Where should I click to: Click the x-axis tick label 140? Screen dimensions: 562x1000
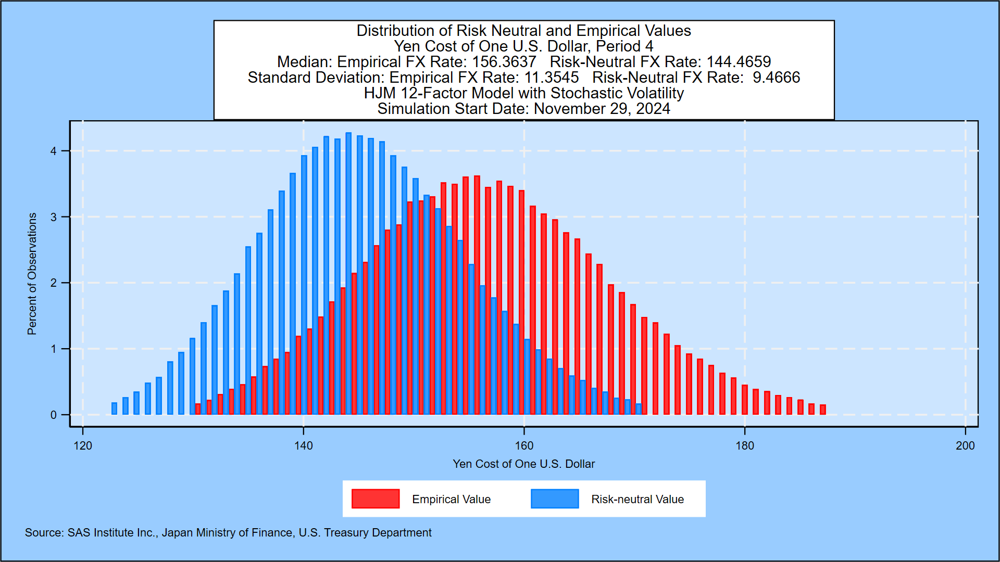pos(303,446)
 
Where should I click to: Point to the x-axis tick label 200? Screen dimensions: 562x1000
pos(965,446)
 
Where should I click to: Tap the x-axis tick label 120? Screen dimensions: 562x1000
pos(83,446)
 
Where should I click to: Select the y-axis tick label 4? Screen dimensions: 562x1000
pos(54,151)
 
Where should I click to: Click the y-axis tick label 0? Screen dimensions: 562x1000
pos(54,415)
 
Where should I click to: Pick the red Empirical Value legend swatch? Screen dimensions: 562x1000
pos(376,499)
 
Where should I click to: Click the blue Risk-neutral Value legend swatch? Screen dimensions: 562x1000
pos(555,499)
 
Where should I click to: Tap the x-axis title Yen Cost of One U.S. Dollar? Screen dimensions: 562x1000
pos(523,464)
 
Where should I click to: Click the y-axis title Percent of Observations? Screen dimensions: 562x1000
pos(32,274)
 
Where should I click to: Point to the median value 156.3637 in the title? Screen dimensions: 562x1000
pos(504,62)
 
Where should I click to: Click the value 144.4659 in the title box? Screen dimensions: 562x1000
pos(739,62)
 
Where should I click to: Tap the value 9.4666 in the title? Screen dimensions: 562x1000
pos(776,78)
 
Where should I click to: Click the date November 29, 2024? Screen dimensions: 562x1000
pos(602,109)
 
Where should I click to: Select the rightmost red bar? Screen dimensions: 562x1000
pos(823,410)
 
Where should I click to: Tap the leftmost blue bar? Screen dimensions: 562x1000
pos(115,408)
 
